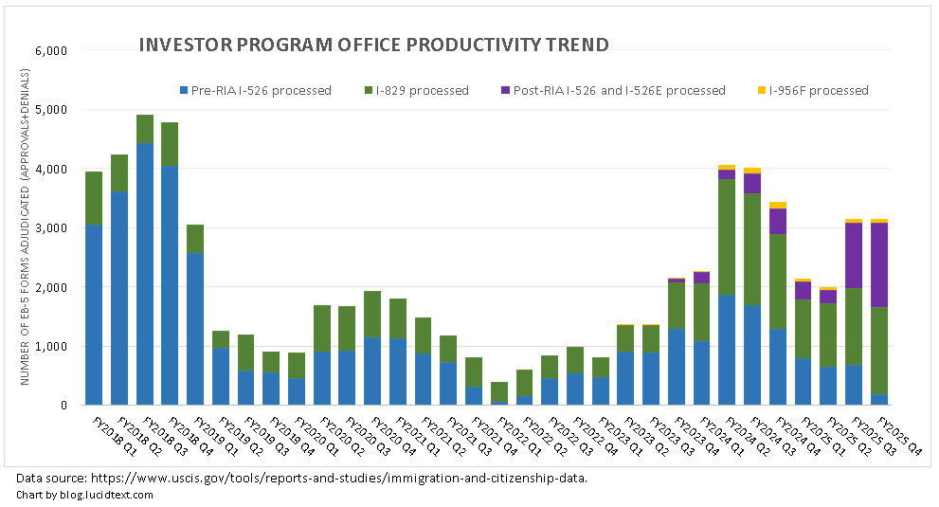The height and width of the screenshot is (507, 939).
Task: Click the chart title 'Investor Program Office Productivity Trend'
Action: (x=373, y=45)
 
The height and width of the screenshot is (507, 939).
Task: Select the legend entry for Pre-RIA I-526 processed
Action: (x=261, y=91)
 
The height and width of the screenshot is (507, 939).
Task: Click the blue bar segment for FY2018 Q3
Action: (x=145, y=275)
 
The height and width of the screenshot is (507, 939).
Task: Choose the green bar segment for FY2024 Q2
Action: (x=727, y=237)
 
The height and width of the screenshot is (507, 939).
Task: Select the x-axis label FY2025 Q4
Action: (x=896, y=435)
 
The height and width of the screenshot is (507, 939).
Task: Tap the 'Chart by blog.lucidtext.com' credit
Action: (x=84, y=495)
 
